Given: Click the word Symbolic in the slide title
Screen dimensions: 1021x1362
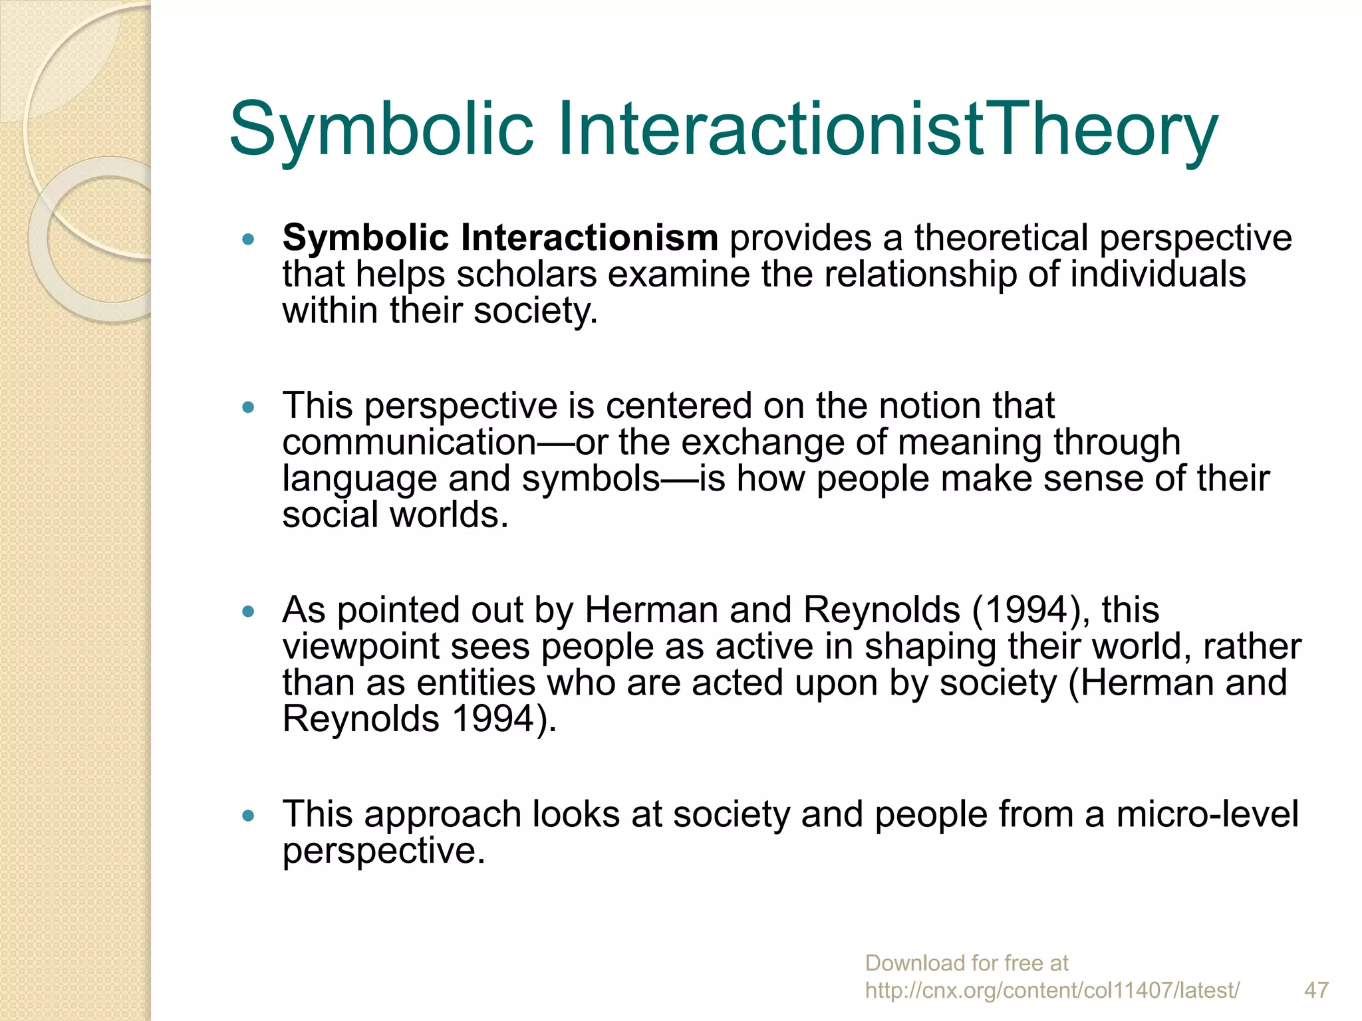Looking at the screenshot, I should (x=381, y=128).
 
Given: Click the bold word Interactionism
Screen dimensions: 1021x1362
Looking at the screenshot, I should (x=589, y=237).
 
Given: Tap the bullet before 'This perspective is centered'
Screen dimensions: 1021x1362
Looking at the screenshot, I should (x=249, y=407).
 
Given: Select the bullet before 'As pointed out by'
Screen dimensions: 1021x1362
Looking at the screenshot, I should (x=249, y=611).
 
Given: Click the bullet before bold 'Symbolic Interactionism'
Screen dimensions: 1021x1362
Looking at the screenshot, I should (x=249, y=239).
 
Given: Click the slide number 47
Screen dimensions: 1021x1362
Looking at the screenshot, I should (x=1316, y=990).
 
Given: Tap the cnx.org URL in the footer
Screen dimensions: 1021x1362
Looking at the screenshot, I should (x=1052, y=990).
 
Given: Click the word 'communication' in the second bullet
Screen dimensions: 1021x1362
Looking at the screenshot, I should (x=409, y=442).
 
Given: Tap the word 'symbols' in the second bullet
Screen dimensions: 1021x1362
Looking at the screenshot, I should (x=591, y=479).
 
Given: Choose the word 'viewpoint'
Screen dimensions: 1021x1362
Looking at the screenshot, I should (x=360, y=647).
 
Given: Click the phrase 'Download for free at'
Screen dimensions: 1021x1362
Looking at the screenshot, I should (x=966, y=963).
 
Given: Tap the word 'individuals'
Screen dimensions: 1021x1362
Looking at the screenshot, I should (x=1157, y=274).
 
